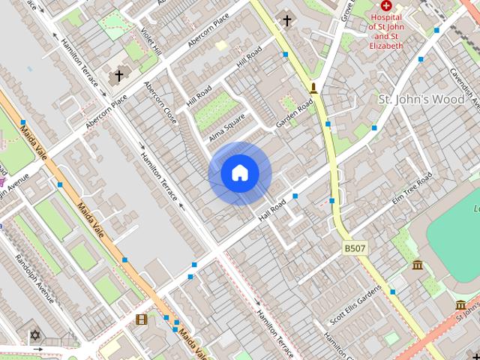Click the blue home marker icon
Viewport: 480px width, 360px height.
pyautogui.click(x=240, y=173)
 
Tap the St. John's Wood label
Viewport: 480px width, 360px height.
pyautogui.click(x=421, y=100)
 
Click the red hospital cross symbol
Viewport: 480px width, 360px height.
pyautogui.click(x=386, y=5)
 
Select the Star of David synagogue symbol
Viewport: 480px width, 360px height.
pyautogui.click(x=33, y=334)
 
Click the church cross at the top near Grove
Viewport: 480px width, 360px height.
pyautogui.click(x=286, y=19)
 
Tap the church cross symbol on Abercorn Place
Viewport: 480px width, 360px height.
pyautogui.click(x=117, y=76)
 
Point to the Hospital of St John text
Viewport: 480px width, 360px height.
pyautogui.click(x=386, y=27)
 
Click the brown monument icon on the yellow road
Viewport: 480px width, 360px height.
pyautogui.click(x=313, y=88)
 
